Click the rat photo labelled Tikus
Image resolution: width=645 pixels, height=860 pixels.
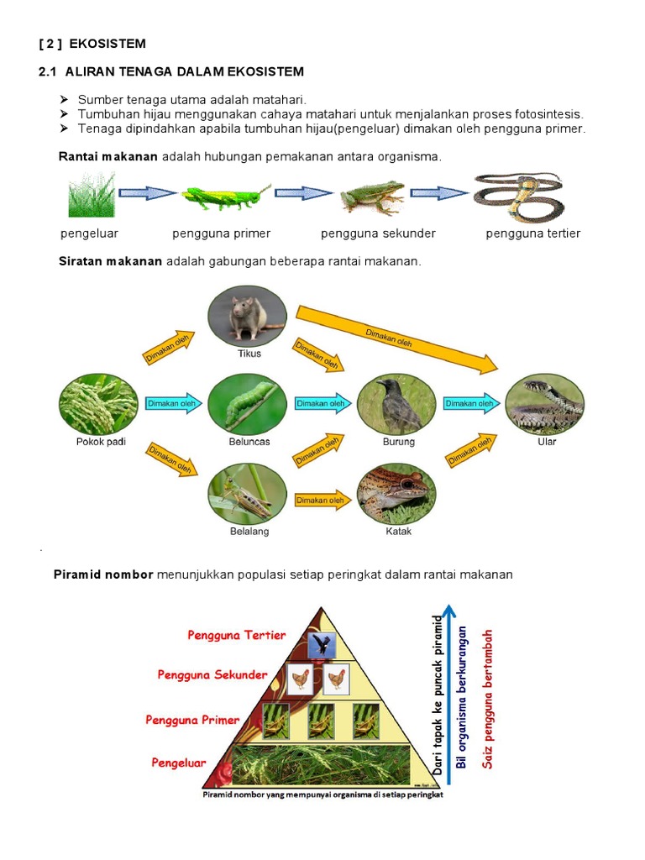point(247,315)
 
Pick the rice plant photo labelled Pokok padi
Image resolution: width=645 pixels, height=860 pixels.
point(98,404)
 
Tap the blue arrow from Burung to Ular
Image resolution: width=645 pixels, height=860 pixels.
point(471,403)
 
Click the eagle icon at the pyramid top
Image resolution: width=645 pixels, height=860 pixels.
point(322,645)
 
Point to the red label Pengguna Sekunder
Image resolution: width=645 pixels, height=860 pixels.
point(212,674)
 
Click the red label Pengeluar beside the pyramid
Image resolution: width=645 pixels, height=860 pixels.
point(178,763)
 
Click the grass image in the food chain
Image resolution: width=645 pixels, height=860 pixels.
point(91,195)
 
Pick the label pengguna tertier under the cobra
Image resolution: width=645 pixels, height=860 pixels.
point(532,233)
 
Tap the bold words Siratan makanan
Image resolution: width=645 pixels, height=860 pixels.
point(110,261)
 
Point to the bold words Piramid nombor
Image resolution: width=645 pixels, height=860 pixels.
point(103,574)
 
